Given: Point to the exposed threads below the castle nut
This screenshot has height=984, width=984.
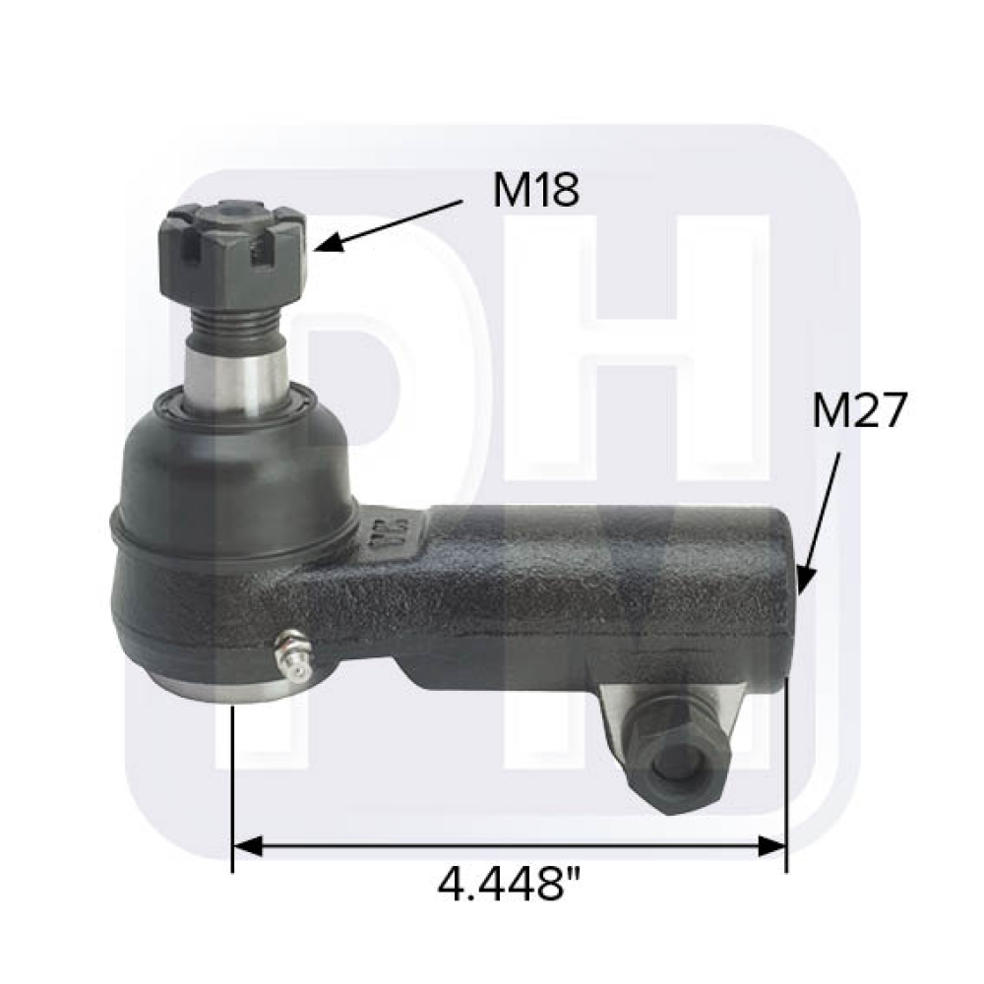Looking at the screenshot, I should pos(234,321).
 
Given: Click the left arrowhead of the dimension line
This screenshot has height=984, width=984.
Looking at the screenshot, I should pos(246,844).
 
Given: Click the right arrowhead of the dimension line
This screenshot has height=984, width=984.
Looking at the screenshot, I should pos(773,844).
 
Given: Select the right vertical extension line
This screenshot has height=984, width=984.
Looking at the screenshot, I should pos(786,768).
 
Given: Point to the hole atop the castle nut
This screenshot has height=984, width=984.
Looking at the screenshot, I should pos(232,209).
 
